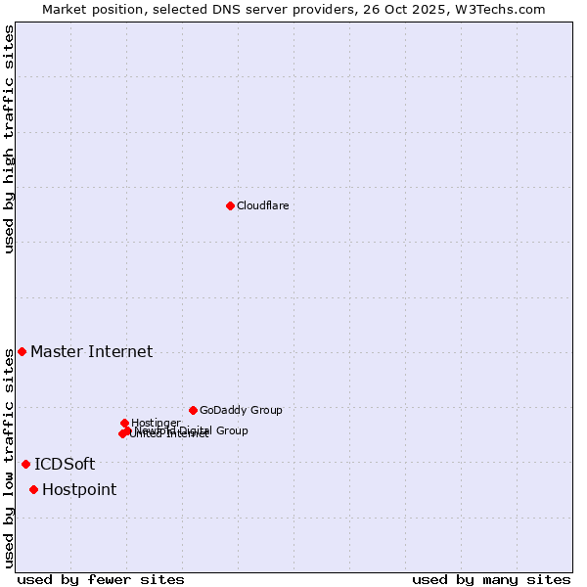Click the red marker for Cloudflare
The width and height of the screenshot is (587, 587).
[x=230, y=205]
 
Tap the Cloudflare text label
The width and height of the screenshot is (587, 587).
[x=262, y=205]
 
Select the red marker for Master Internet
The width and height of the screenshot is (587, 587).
[x=22, y=351]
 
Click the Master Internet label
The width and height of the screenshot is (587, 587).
[x=91, y=351]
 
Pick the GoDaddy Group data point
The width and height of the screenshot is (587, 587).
[x=193, y=410]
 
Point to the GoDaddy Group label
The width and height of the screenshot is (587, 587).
[x=241, y=410]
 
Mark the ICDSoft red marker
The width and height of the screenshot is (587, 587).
[x=25, y=464]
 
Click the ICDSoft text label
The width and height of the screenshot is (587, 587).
[x=65, y=464]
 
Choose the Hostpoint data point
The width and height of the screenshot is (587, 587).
[x=33, y=489]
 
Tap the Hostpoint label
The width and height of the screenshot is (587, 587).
[x=79, y=489]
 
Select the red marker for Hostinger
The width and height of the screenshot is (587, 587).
[x=124, y=423]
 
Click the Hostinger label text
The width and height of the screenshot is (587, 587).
[x=156, y=423]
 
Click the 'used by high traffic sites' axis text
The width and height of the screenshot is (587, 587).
[x=10, y=139]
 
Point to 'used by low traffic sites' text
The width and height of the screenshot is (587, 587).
[x=10, y=458]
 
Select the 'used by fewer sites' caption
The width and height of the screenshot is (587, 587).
[x=101, y=579]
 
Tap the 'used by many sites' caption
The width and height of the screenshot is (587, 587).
[x=491, y=579]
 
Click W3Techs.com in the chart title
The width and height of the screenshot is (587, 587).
[x=504, y=9]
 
